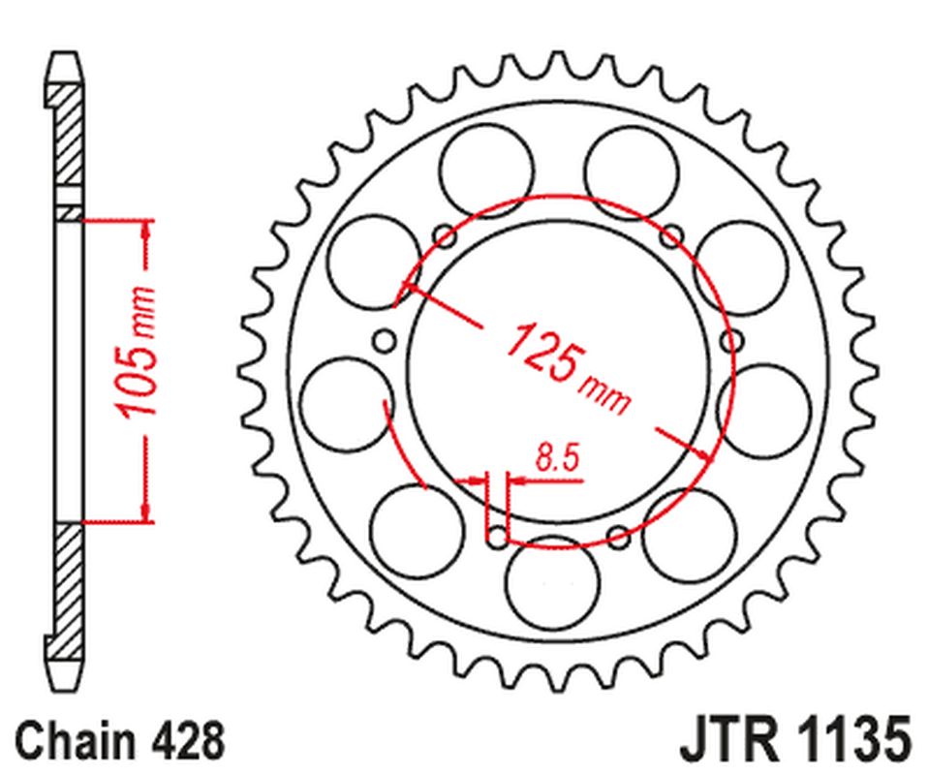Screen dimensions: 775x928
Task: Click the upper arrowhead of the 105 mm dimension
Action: pyautogui.click(x=146, y=231)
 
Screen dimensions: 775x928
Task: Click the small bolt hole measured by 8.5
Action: pyautogui.click(x=495, y=534)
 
